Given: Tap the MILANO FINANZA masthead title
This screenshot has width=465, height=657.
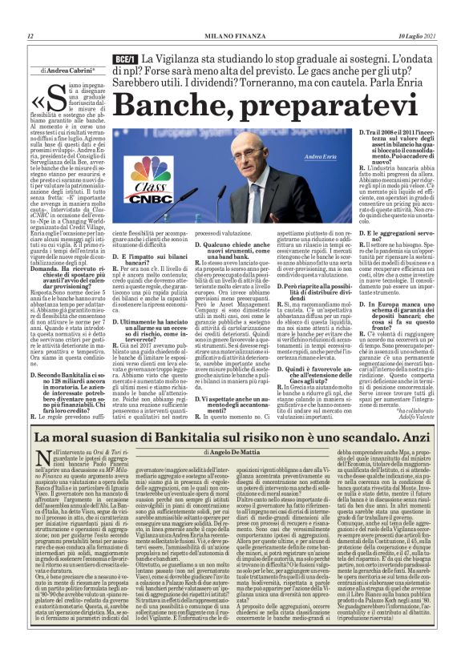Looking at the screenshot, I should [232, 36].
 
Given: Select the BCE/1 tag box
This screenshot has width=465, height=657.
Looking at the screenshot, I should [123, 59].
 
